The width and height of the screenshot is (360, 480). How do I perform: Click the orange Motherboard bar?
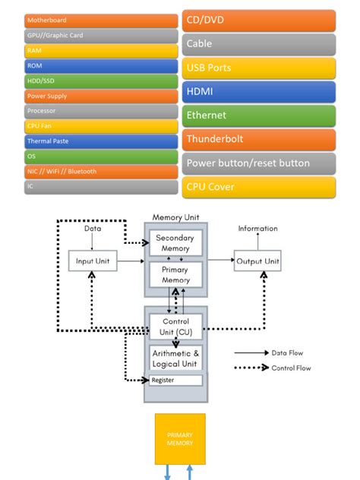pyautogui.click(x=101, y=21)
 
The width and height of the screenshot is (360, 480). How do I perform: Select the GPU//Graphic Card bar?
pyautogui.click(x=101, y=36)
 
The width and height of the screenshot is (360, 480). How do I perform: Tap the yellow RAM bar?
pyautogui.click(x=101, y=51)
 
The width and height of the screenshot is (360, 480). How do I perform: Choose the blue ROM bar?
pyautogui.click(x=101, y=66)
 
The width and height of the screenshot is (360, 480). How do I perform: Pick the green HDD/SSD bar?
pyautogui.click(x=101, y=81)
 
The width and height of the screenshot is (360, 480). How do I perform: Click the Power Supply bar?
pyautogui.click(x=101, y=96)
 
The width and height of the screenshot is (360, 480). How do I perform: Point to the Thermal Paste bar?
pyautogui.click(x=101, y=141)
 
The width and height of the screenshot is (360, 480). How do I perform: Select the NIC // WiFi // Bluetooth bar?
pyautogui.click(x=101, y=172)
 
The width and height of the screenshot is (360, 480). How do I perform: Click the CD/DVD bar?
pyautogui.click(x=258, y=21)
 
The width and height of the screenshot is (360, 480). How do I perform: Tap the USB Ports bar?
pyautogui.click(x=258, y=68)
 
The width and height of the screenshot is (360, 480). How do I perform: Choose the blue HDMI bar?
pyautogui.click(x=258, y=92)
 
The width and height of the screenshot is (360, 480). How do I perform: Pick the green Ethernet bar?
pyautogui.click(x=258, y=115)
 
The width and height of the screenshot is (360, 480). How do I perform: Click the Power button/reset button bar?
pyautogui.click(x=258, y=163)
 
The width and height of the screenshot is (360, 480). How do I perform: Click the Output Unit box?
pyautogui.click(x=257, y=261)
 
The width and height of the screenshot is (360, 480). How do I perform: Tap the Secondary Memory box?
pyautogui.click(x=175, y=243)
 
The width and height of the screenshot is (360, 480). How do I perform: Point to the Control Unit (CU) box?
pyautogui.click(x=175, y=327)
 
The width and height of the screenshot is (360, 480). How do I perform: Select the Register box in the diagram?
pyautogui.click(x=175, y=380)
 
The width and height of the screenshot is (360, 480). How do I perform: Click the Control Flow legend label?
pyautogui.click(x=291, y=368)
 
